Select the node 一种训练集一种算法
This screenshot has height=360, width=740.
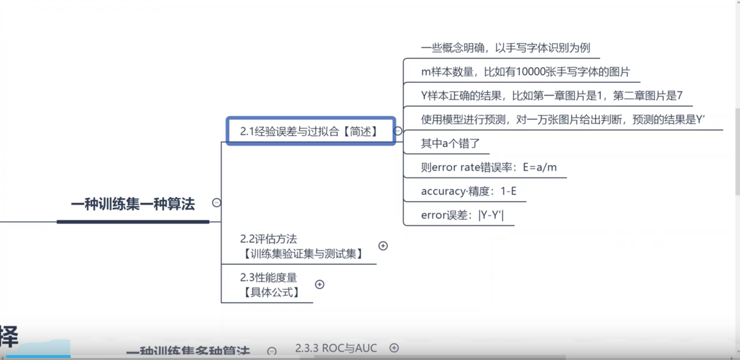(133, 204)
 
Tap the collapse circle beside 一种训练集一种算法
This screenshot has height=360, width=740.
(217, 203)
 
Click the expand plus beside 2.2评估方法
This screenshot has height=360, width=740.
(383, 246)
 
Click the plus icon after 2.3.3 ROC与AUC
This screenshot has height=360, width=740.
(394, 348)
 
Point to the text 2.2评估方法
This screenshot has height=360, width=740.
(268, 239)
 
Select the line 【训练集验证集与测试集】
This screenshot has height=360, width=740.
(303, 254)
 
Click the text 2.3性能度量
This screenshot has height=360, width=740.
(268, 277)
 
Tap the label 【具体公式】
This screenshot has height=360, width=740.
(272, 292)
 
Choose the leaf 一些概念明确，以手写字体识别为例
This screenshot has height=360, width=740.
(506, 48)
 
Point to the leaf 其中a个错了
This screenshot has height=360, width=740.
(450, 143)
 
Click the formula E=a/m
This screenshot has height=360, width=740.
(540, 167)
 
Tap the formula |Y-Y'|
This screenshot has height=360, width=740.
(491, 215)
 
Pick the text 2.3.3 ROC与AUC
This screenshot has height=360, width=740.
(336, 348)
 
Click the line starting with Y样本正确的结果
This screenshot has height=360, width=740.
(551, 96)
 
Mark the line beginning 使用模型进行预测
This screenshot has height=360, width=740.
(563, 119)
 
